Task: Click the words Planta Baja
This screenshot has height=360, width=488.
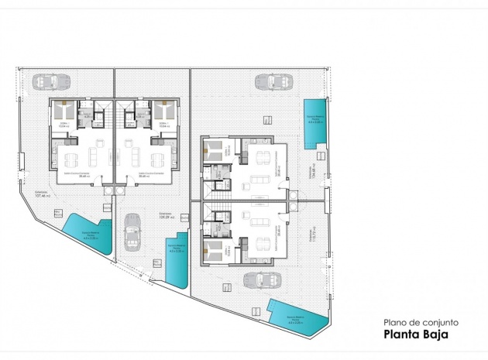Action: [x=415, y=334]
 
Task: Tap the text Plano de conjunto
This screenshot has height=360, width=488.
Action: [x=421, y=322]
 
